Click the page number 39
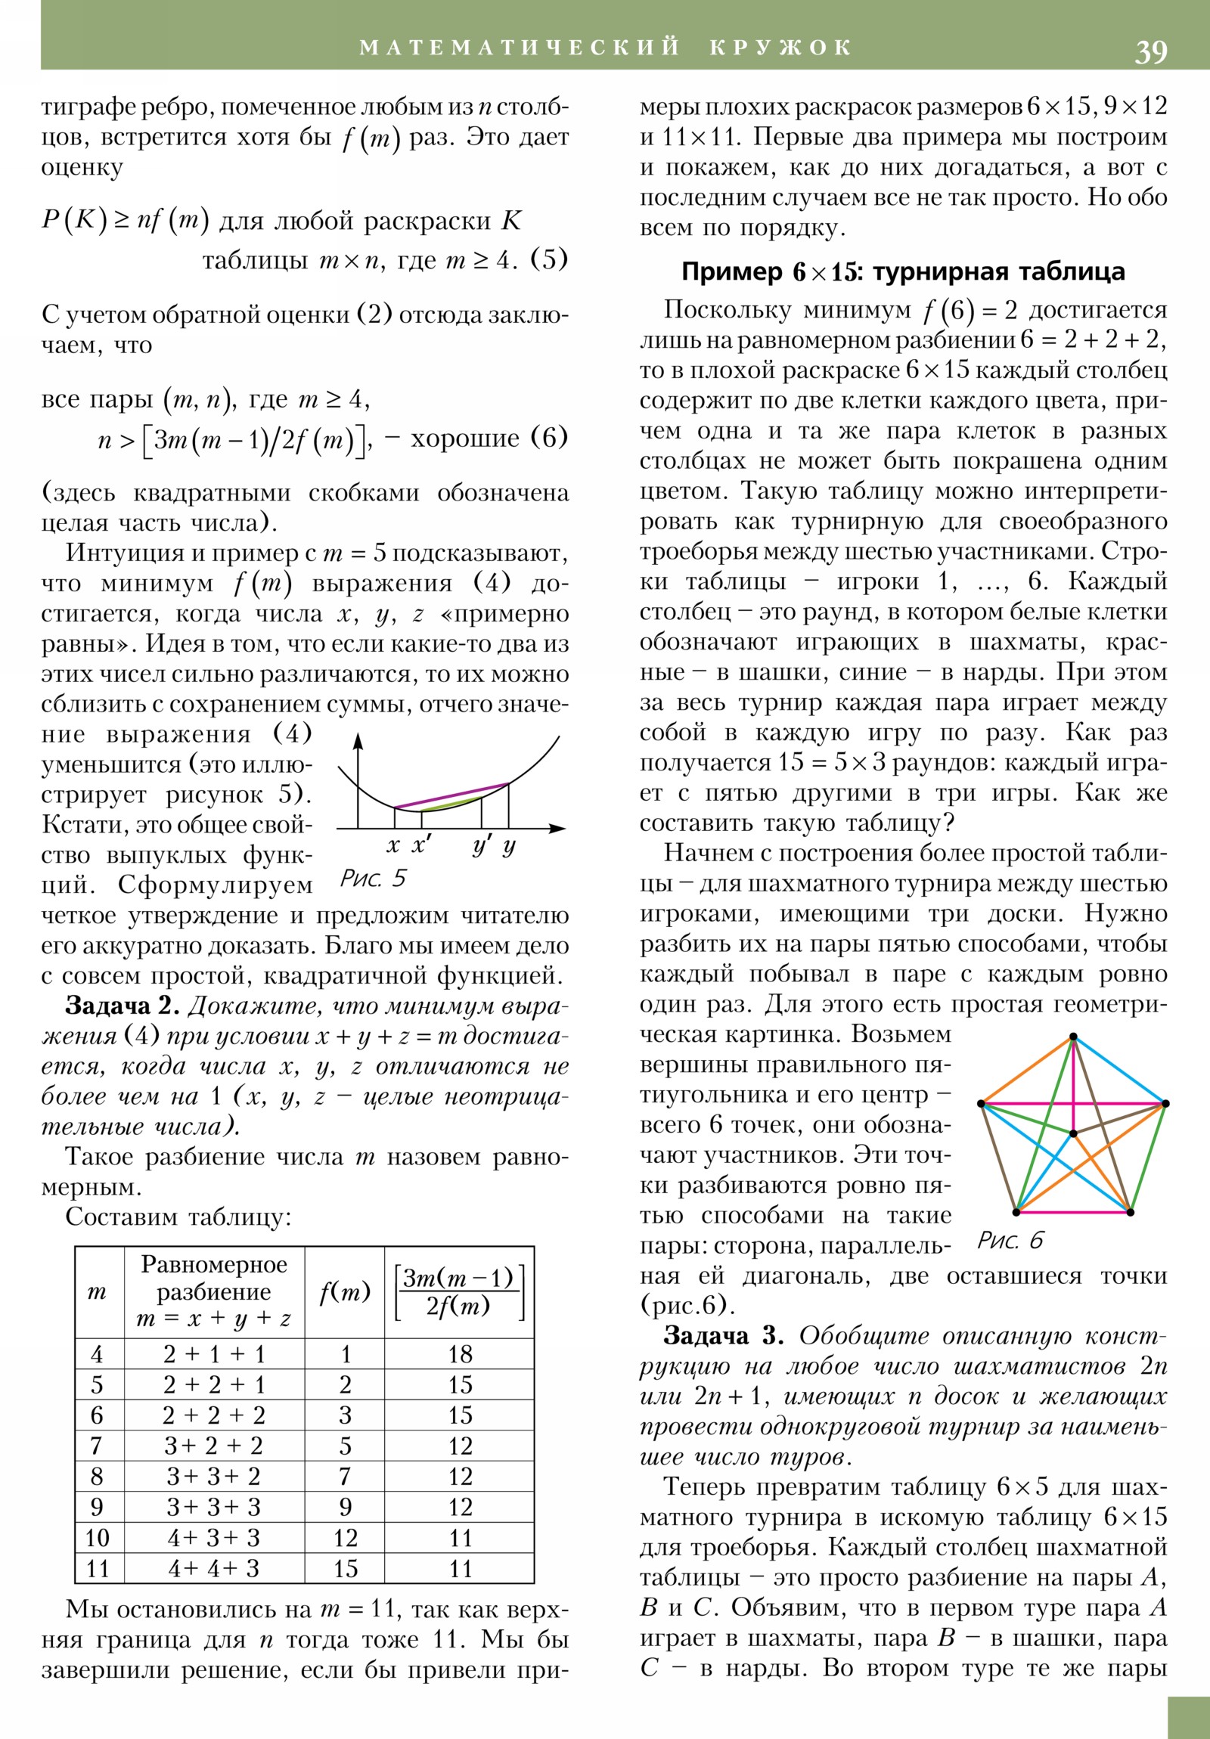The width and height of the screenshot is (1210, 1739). (1150, 51)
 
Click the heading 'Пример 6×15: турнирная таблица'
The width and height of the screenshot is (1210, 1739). (903, 272)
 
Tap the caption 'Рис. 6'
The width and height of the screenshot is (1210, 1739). (1010, 1240)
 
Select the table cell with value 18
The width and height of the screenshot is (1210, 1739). (460, 1353)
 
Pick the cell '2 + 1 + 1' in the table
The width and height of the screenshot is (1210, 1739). (214, 1353)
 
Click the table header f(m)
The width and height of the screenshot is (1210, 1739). (345, 1292)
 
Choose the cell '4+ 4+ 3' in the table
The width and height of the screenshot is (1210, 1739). (214, 1568)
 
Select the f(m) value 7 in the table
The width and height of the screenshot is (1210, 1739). (345, 1476)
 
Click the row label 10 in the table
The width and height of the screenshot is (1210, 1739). (98, 1538)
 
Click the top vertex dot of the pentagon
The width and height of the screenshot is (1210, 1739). (1073, 1037)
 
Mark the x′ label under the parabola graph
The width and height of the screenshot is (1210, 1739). (421, 845)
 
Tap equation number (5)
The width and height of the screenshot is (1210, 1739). (549, 260)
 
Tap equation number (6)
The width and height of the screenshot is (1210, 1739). (549, 438)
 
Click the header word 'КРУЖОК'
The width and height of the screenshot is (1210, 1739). (781, 48)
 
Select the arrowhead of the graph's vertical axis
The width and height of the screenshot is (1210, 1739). (359, 740)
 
